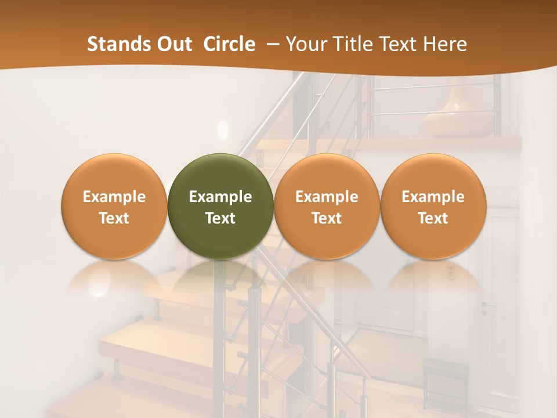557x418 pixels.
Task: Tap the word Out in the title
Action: tap(172, 44)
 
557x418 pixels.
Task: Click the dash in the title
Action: tap(272, 44)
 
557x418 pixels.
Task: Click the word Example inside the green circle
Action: tap(220, 197)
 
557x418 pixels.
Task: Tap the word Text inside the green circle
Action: tap(220, 218)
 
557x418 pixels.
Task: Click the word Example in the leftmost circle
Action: tap(114, 197)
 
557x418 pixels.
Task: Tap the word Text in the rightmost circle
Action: tap(433, 218)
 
